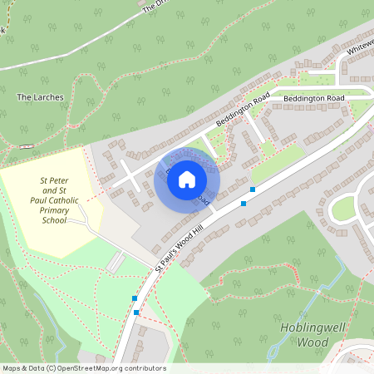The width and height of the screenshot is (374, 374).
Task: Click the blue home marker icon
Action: point(187,179)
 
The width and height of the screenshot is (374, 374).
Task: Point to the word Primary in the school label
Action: point(54,210)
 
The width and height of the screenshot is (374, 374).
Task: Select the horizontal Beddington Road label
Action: point(313,99)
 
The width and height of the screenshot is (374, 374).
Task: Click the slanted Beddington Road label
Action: point(242,110)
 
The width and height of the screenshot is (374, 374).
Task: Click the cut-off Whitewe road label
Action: point(360,50)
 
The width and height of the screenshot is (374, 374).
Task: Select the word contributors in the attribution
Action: point(144,368)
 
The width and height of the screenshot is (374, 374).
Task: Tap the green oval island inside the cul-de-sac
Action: point(343,210)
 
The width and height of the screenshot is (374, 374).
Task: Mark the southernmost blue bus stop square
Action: point(136,312)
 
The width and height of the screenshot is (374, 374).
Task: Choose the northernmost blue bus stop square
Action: point(252,189)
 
